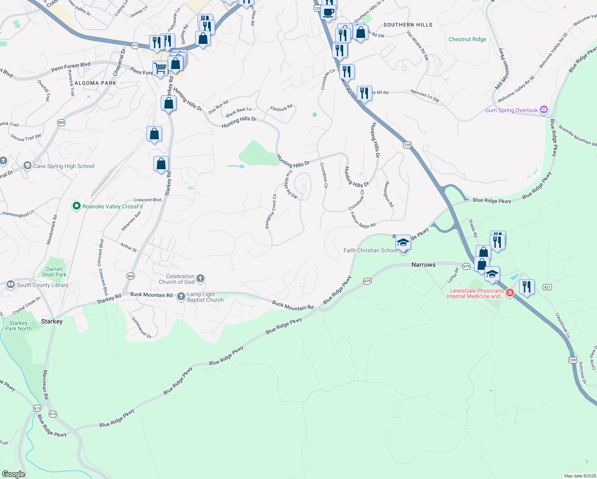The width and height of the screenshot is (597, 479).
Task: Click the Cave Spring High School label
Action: point(64,166)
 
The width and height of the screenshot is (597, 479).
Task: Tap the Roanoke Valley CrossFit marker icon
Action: point(76,206)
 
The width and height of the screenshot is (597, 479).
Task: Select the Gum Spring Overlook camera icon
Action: point(544,109)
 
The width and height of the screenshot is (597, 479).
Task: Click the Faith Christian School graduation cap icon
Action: point(403,242)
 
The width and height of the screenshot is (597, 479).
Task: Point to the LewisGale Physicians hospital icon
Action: point(510,293)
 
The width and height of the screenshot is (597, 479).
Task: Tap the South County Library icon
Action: point(11,285)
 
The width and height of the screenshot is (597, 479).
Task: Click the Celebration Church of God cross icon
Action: point(200,278)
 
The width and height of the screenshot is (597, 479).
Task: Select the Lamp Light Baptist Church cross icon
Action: point(181,296)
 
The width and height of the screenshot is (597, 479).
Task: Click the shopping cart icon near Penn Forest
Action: point(160,68)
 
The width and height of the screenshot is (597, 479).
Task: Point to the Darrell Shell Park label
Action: point(54,272)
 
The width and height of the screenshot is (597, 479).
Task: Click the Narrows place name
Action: point(423,265)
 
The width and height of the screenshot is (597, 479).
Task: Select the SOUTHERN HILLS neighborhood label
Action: point(408,25)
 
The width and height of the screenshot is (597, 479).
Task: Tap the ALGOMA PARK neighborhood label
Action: point(95,83)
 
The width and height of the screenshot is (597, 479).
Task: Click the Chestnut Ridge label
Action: point(467,39)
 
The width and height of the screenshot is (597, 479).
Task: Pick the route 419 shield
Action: point(135,46)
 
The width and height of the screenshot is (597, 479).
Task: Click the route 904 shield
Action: point(130,276)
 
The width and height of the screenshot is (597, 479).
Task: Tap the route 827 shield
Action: point(547,287)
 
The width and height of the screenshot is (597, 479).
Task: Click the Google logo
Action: point(13,474)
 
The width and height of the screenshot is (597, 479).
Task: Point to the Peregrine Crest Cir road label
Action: point(271,211)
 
